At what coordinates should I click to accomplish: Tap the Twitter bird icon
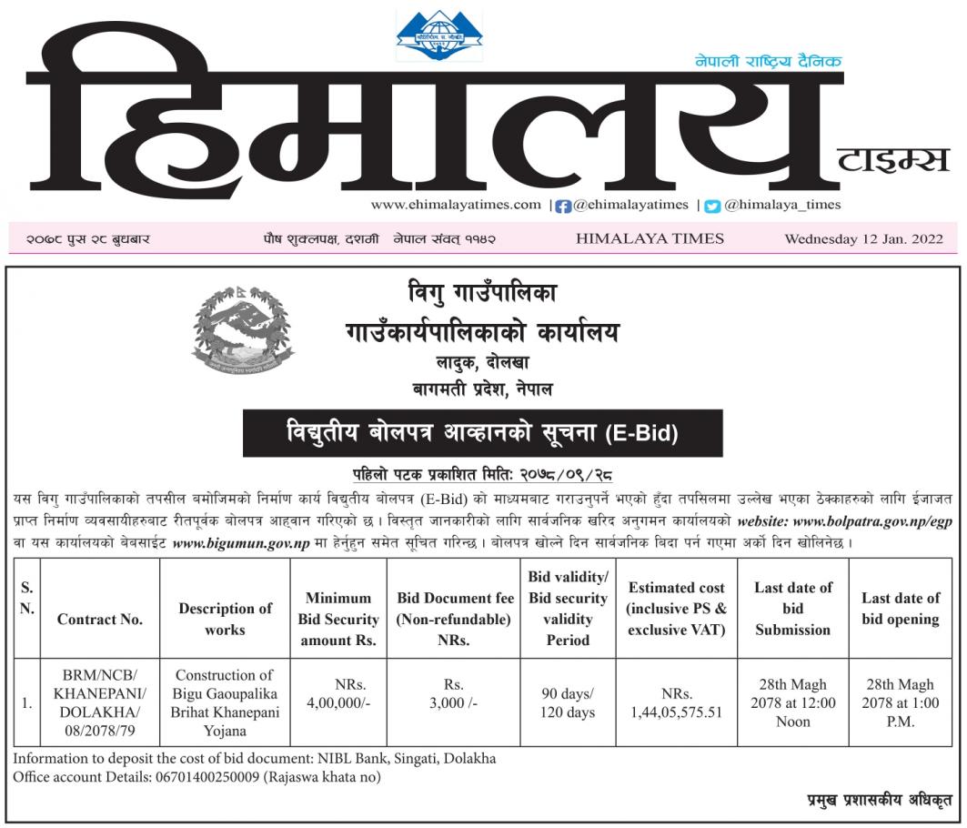tap(712, 206)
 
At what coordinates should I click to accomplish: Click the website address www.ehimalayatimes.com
tap(455, 205)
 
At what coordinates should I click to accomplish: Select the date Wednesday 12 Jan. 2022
tap(863, 239)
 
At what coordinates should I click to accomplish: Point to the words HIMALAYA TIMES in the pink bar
tap(650, 238)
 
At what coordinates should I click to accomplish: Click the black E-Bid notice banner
tap(482, 433)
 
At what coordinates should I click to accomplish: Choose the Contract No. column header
tap(100, 619)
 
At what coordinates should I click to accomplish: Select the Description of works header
tap(225, 619)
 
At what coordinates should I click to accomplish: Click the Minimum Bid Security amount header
tap(338, 619)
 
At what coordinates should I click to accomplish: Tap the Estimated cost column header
tap(677, 609)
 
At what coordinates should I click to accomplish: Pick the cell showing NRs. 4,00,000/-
tap(338, 694)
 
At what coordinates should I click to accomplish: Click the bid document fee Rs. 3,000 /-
tap(452, 694)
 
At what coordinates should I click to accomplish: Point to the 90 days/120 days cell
tap(568, 703)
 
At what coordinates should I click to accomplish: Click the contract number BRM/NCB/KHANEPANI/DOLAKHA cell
tap(100, 703)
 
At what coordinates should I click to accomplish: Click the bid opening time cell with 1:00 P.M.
tap(902, 703)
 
